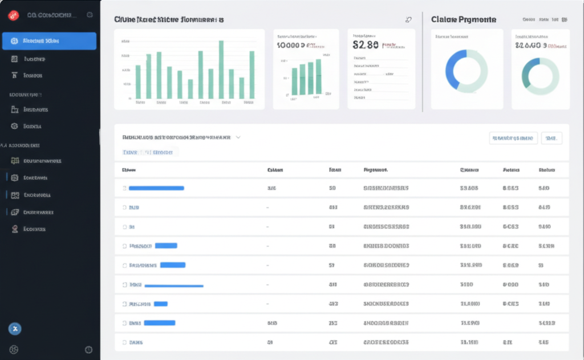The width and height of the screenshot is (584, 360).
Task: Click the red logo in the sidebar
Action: coord(14,16)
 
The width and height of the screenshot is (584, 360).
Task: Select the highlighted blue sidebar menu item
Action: coord(49,41)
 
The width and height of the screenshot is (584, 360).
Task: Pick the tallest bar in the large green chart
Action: coord(221,70)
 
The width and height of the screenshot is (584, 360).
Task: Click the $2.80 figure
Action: coord(366,45)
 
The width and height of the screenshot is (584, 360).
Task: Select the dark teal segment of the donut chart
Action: coord(527,71)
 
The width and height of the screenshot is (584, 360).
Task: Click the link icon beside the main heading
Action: coord(408,19)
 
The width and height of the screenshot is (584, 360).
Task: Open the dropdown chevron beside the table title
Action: coord(238,137)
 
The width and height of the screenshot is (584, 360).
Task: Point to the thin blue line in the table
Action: coord(174,285)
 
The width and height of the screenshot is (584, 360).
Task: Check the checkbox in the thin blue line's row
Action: coord(124,284)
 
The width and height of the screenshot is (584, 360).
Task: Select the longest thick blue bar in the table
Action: coord(156,188)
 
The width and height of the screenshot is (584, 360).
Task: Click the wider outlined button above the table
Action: coord(513,138)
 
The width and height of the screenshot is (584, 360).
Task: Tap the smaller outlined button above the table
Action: coord(551,138)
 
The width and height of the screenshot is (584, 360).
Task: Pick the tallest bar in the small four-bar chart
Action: coord(318,76)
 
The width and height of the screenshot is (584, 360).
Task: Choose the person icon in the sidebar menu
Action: coord(15,229)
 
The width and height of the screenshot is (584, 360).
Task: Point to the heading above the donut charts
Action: coord(463,19)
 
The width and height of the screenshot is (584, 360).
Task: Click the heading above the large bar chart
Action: coord(169,19)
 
